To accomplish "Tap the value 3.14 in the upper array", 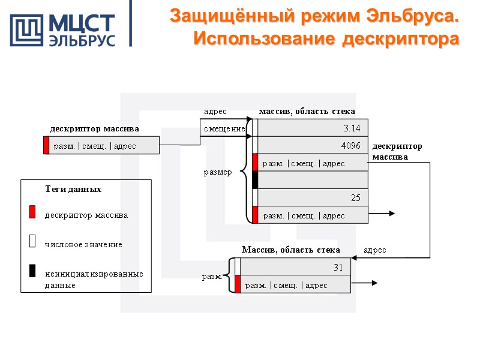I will pos(352,128).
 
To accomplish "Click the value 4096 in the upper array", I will pos(350,146).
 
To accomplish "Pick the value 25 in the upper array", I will pos(355,198).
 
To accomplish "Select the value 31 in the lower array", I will pos(338,267).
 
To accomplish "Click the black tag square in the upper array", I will pos(255,180).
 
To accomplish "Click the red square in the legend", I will pos(32,212).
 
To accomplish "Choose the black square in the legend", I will pos(32,271).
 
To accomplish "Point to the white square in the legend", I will pos(32,241).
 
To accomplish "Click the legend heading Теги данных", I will pos(73,189).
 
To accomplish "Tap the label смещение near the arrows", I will pos(224,128).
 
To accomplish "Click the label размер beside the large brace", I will pos(218,173).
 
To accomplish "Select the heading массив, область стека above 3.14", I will pos(307,111).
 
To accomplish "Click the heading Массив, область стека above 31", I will pos(290,250).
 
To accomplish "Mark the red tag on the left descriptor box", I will pos(46,146).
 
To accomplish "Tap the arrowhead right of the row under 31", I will pos(374,283).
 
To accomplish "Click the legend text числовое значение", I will pos(83,244).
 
